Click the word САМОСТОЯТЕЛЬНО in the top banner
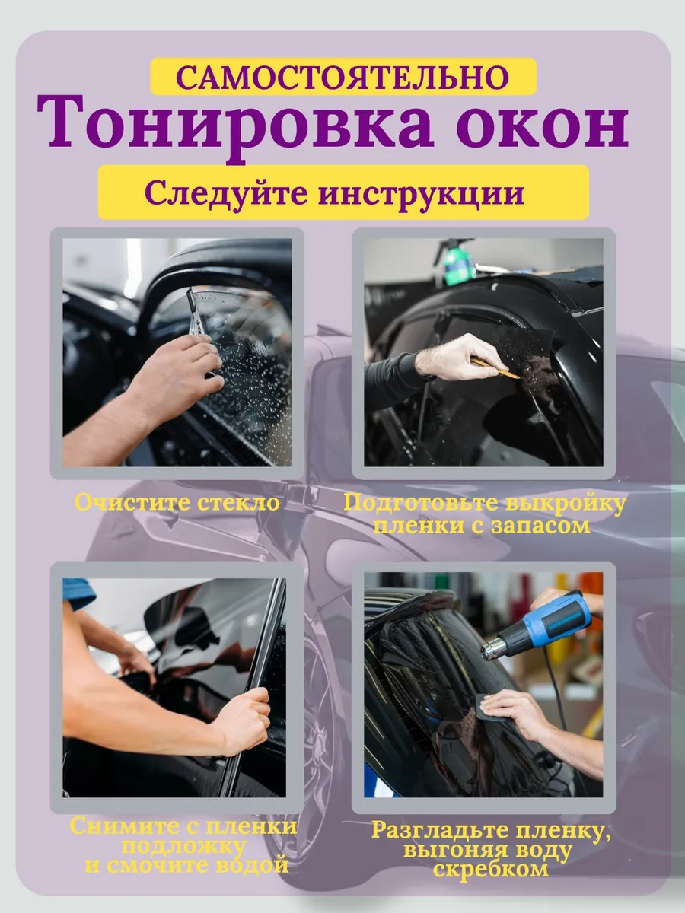[x=342, y=78]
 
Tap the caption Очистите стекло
[x=177, y=502]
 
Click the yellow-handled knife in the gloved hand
[x=495, y=368]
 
